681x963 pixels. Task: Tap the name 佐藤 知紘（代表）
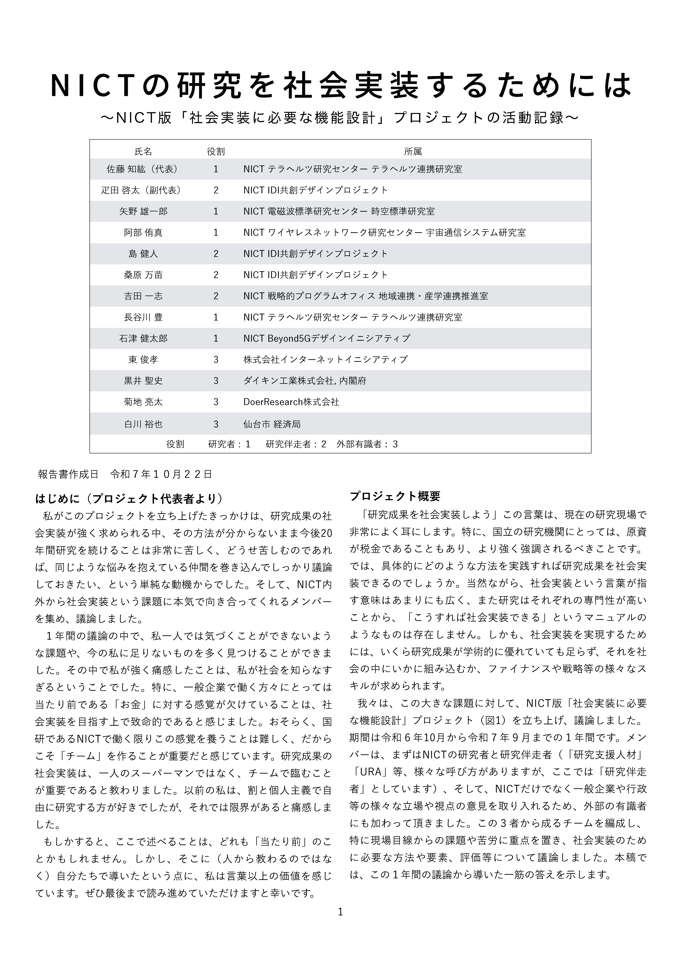pos(143,169)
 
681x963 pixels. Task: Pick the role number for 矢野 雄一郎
pos(216,211)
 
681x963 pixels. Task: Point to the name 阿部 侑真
pos(143,232)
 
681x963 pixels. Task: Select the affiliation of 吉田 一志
pos(365,296)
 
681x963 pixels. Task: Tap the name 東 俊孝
pos(143,359)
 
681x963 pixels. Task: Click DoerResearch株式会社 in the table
pos(291,402)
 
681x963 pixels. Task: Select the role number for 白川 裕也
pos(216,424)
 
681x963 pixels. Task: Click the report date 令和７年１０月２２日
pos(161,474)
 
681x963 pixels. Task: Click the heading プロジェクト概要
pos(395,496)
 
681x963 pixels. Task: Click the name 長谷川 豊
pos(143,317)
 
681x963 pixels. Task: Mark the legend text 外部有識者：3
pos(367,444)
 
